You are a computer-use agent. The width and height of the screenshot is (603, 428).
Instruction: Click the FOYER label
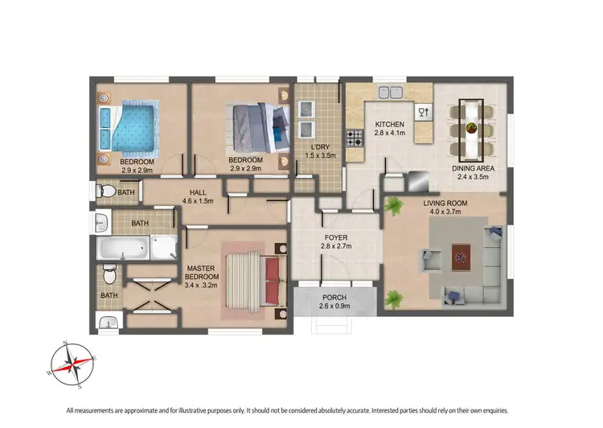(x=335, y=237)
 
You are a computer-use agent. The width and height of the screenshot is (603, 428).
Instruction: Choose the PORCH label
(x=334, y=297)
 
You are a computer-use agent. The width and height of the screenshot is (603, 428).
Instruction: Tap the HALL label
(x=197, y=192)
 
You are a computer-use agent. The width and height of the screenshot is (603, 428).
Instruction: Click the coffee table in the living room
(x=461, y=255)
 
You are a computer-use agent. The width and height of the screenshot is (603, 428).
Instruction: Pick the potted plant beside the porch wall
(x=392, y=298)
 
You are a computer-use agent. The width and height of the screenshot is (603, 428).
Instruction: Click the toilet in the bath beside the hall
(x=101, y=192)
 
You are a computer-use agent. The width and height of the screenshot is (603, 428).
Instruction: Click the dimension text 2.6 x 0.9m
(x=334, y=306)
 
